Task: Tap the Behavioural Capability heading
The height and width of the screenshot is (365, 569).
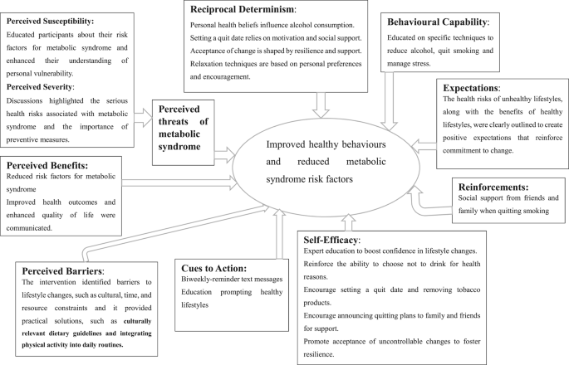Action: coord(438,22)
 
